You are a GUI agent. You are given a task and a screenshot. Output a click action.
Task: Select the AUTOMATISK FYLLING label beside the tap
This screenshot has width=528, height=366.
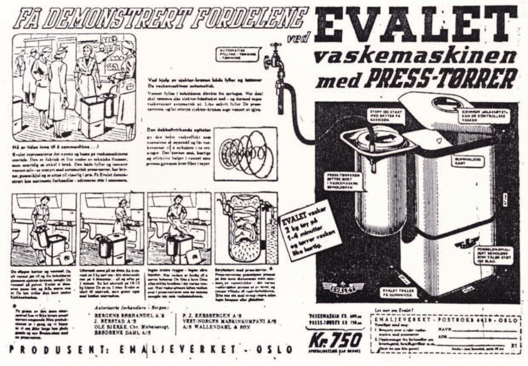pos(238,54)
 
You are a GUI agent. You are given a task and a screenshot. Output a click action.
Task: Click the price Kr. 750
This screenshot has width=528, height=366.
pos(336,340)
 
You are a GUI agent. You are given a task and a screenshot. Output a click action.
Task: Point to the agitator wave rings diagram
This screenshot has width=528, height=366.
pos(245,154)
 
